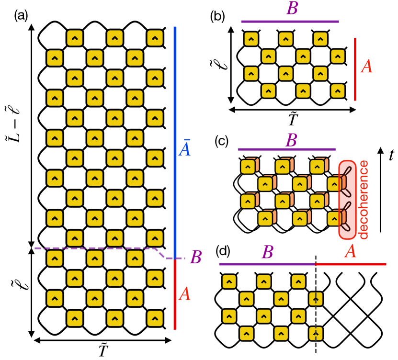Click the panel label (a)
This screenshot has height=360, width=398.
pyautogui.click(x=21, y=15)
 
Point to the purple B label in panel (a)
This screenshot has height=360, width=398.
pyautogui.click(x=195, y=258)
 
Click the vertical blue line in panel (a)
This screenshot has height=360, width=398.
pyautogui.click(x=176, y=137)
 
